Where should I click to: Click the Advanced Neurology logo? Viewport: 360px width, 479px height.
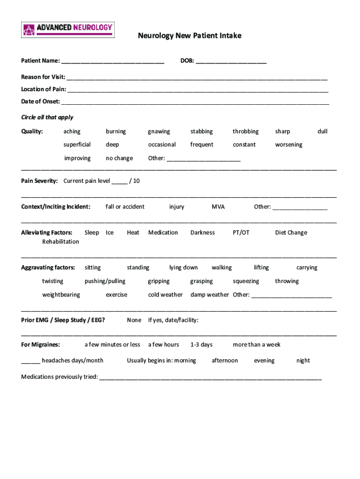point(68,29)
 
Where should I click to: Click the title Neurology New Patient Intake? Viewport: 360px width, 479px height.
point(189,36)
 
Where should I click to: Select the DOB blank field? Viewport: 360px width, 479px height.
point(231,61)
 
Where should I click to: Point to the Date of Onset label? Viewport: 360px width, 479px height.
point(40,102)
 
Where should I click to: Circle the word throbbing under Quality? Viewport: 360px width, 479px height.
point(245,131)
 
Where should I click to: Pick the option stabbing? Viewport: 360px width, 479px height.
point(202,131)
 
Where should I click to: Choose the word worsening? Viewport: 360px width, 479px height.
point(288,145)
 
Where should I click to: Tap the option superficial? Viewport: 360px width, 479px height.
point(77,145)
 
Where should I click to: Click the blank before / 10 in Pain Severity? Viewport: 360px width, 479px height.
point(119,181)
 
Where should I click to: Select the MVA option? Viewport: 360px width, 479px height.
point(218,207)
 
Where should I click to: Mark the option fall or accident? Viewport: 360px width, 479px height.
point(125,207)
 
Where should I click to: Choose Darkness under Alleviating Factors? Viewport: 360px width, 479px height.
point(202,232)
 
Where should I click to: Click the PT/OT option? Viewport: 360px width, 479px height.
point(241,232)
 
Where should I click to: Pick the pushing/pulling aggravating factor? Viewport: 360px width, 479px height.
point(105,281)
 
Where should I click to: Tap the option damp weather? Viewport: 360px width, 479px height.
point(209,295)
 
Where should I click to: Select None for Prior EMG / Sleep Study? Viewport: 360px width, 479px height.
point(134,320)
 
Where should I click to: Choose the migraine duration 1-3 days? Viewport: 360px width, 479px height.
point(202,345)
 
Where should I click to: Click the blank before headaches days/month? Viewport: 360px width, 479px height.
point(30,361)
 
